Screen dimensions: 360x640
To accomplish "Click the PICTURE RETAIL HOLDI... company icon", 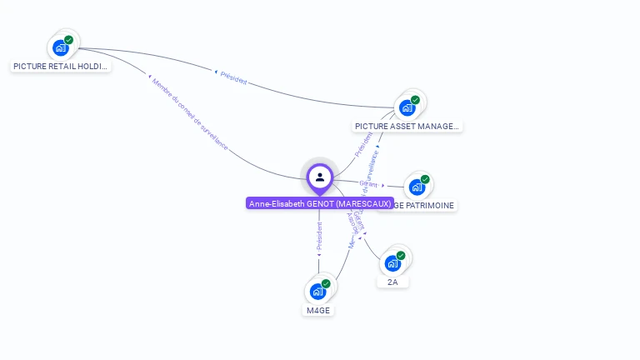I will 60,47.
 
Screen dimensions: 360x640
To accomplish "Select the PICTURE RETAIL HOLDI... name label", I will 61,66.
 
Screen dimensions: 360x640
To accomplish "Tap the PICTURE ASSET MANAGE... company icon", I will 407,107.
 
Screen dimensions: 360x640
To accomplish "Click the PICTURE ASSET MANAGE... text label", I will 407,127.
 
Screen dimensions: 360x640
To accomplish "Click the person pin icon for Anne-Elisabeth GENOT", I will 320,177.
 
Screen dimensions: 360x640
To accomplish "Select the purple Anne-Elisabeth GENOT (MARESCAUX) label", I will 320,203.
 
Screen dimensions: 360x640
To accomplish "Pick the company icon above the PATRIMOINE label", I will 417,187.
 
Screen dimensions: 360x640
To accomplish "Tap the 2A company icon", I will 392,263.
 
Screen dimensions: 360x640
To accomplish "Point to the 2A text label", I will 392,282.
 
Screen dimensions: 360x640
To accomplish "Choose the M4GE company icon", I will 317,291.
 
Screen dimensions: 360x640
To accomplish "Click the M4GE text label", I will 317,310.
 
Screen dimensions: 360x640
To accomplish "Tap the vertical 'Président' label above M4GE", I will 319,236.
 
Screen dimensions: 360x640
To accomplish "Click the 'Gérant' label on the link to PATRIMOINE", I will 368,183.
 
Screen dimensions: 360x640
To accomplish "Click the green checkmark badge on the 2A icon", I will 401,255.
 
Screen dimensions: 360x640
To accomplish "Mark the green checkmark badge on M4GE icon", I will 326,283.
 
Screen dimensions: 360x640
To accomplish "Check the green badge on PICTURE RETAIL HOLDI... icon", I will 68,39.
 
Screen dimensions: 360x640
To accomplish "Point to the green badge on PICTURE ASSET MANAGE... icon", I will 415,100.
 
